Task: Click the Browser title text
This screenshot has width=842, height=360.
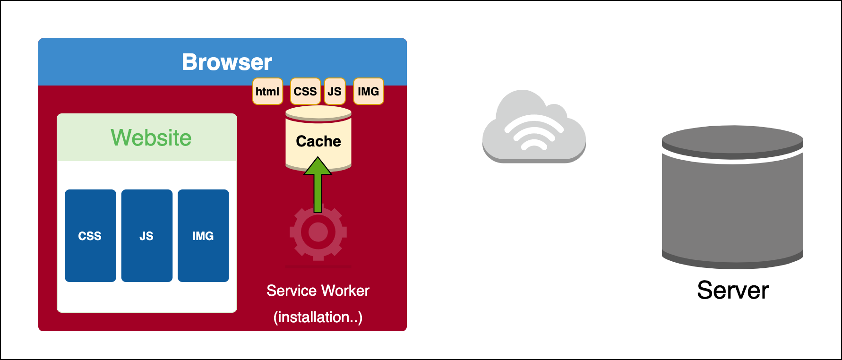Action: (227, 62)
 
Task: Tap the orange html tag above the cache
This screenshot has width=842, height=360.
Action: (267, 91)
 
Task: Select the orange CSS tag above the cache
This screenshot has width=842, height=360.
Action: (305, 91)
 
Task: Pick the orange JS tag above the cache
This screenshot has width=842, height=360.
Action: (335, 91)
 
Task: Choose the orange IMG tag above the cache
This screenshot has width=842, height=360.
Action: (368, 91)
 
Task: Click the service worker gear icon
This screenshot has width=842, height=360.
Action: (318, 232)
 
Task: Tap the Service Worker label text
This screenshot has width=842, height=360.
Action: (318, 291)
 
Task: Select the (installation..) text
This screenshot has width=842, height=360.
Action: (318, 317)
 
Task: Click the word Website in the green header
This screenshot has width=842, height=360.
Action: (151, 138)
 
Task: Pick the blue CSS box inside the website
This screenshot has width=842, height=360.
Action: (90, 236)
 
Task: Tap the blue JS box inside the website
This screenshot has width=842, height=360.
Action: (146, 236)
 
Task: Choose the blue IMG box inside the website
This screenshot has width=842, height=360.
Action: (203, 236)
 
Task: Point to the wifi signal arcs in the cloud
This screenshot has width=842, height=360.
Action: (534, 134)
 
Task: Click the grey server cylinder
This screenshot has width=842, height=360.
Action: (732, 208)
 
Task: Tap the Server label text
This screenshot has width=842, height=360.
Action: (733, 290)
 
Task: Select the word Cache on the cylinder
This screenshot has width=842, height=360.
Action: (318, 141)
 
